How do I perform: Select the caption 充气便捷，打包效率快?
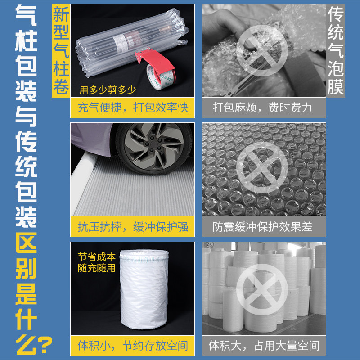132,108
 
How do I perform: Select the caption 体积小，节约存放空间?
132,346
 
